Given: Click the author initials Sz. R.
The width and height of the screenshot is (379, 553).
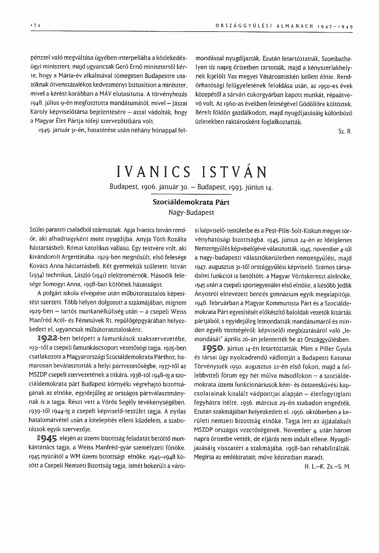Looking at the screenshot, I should (345, 145).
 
